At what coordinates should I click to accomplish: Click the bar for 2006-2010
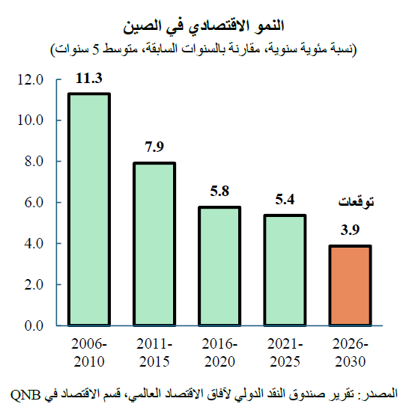point(89,209)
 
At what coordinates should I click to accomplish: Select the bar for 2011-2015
point(154,244)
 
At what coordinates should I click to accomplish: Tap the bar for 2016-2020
point(219,266)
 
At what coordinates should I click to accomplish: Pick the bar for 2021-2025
point(284,270)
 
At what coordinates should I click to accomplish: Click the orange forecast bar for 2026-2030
point(349,285)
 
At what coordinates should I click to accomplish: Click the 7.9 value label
point(154,147)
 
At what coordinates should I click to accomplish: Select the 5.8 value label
point(219,192)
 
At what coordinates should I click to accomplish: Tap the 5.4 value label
point(285,200)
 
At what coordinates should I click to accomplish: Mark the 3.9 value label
point(349,230)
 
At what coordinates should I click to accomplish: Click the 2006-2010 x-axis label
point(89,352)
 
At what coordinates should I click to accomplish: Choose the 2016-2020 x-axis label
point(219,352)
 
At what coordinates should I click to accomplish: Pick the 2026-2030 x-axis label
point(349,352)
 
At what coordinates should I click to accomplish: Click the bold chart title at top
point(204,31)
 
